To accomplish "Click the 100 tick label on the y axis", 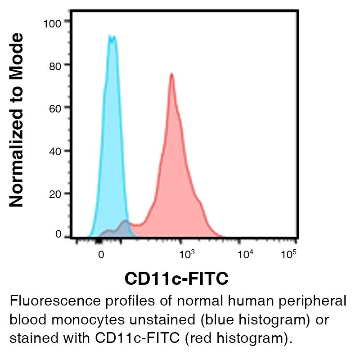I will coord(52,22).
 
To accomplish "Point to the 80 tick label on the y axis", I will coord(55,65).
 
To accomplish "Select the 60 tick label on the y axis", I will coord(55,108).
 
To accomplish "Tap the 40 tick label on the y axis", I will coord(55,152).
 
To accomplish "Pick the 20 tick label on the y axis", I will coord(55,194).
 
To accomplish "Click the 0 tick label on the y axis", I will coord(58,234).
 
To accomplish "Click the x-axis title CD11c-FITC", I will coord(176,279).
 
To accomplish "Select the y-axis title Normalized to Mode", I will coord(17,121).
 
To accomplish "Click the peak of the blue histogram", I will coord(112,37).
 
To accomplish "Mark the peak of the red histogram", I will coord(171,74).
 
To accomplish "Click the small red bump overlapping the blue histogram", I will coord(125,222).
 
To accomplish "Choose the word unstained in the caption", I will coord(162,319).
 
